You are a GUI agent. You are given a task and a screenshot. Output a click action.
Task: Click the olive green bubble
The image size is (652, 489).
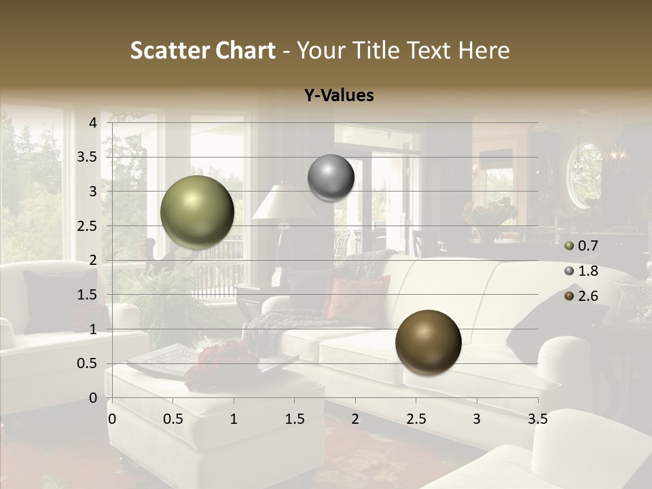coord(197,212)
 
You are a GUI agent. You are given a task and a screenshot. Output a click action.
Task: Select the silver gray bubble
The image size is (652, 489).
coord(331,177)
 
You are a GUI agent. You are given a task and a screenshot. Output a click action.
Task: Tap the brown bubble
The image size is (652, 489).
coord(428,342)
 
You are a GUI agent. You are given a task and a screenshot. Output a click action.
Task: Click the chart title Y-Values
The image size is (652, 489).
coord(338,96)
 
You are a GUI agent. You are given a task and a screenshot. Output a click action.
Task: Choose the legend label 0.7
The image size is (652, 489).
coord(587,246)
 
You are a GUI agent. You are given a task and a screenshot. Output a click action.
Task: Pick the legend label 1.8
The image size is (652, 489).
coord(587,271)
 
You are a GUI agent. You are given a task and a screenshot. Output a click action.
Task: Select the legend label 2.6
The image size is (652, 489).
coord(587,296)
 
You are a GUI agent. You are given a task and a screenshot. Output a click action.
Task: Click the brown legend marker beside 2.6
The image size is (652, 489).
coord(569,296)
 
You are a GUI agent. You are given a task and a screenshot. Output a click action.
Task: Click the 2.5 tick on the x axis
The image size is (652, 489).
coord(416,419)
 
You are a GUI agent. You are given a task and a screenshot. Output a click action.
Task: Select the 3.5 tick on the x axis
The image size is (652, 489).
coord(537,419)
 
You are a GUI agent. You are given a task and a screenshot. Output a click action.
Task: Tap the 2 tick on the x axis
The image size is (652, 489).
coord(355,419)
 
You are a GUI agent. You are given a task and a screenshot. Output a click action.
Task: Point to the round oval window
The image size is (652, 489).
coord(585,175)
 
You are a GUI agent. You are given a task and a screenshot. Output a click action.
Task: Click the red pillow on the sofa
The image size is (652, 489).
coord(357,296)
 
